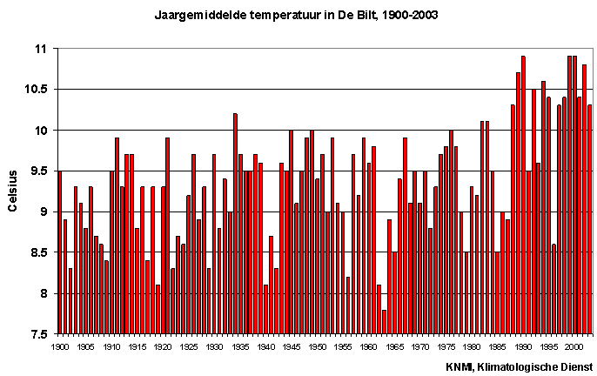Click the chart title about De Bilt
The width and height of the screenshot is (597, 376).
[x=296, y=15]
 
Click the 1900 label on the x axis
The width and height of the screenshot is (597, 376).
[x=59, y=346]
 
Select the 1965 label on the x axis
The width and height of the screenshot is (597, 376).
[x=394, y=346]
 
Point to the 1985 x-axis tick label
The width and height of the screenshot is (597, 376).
[x=498, y=346]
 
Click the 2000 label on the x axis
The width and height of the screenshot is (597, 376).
[x=574, y=346]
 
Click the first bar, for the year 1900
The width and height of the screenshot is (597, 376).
[x=59, y=252]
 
